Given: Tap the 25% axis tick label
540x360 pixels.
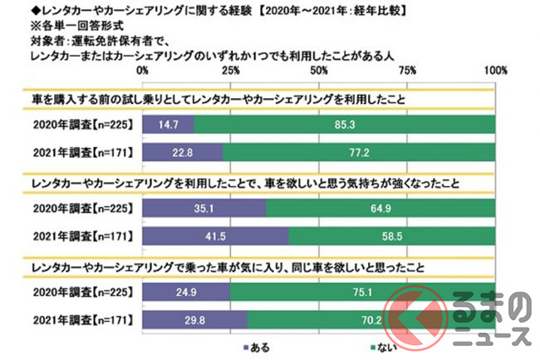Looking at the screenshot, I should (x=231, y=72).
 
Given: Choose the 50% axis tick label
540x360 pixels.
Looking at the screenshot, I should (x=319, y=72).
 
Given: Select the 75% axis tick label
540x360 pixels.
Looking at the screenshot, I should (x=407, y=72).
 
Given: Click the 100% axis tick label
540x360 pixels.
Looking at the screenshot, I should (x=493, y=72).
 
